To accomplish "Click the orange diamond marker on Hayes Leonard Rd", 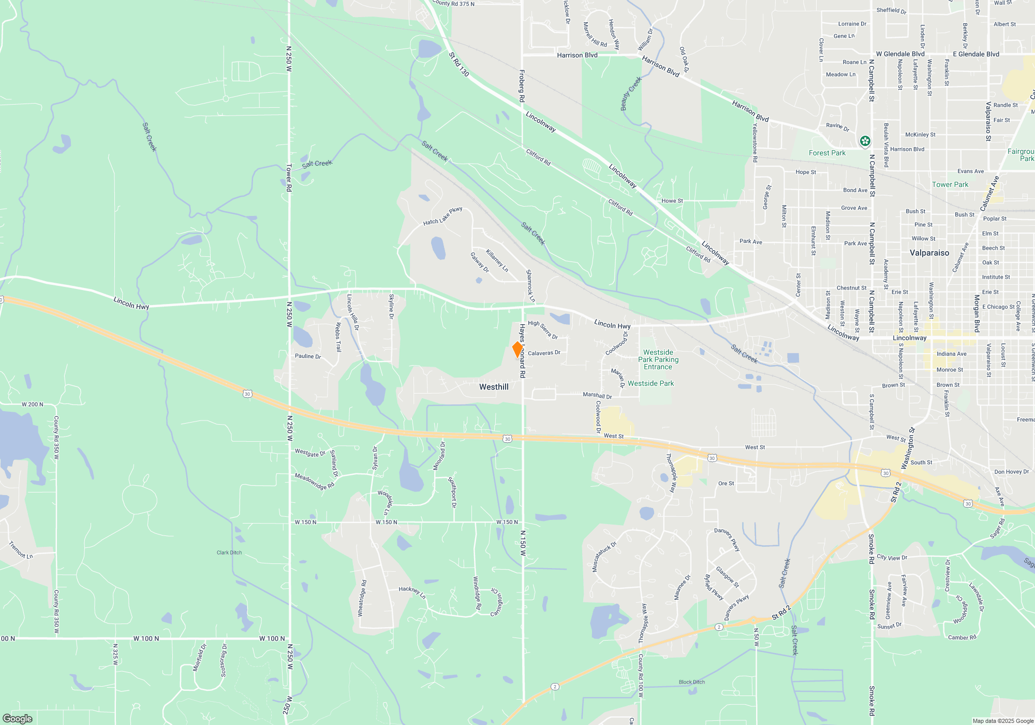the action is [x=517, y=350].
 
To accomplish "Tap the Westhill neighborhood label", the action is [x=494, y=387].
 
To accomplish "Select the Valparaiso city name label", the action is [x=929, y=253].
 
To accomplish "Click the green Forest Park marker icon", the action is [x=865, y=141].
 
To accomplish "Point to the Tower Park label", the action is [x=950, y=184].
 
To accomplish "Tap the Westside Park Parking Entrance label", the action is [x=658, y=359].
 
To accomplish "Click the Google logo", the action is [x=18, y=718].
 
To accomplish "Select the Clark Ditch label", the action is [x=229, y=553].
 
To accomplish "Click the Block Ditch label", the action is [x=691, y=682].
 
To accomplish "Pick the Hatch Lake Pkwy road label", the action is [x=442, y=216].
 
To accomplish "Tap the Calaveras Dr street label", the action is [x=544, y=353].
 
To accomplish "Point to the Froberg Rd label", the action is [x=522, y=85].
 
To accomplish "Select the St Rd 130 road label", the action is [x=459, y=64].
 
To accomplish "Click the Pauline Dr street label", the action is [x=307, y=356].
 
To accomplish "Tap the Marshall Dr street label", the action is [x=597, y=395].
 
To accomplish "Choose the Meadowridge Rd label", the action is [x=314, y=481].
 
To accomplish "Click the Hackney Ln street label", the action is [x=412, y=592].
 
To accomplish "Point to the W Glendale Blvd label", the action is [x=900, y=54].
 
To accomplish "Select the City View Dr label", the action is [x=892, y=557].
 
